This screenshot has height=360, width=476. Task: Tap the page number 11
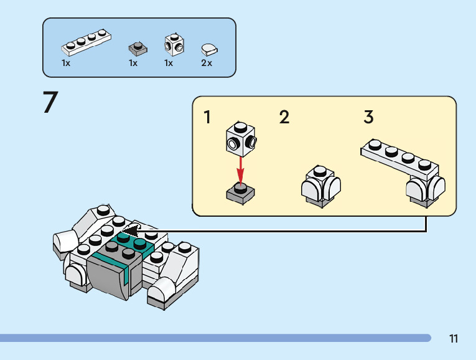tap(454, 339)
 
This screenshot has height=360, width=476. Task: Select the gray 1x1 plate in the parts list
tap(136, 47)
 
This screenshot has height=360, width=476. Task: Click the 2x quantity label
tap(207, 63)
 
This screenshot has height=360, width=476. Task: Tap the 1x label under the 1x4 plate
tap(66, 63)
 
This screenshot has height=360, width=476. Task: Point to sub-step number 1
tap(207, 117)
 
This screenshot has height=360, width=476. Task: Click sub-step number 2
tap(284, 117)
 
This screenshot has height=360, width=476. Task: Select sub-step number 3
tap(368, 117)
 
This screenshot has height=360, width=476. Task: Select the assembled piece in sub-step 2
tap(320, 186)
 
